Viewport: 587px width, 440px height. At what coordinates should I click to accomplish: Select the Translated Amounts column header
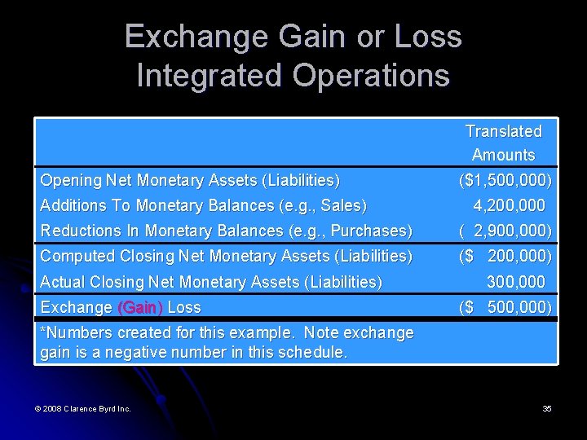503,143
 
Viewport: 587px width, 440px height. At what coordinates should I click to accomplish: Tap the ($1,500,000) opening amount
505,179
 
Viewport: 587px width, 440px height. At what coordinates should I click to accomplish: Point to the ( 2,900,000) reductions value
505,231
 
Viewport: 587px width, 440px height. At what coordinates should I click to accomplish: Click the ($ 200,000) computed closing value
505,256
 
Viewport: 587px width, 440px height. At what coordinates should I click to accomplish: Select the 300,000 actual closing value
515,282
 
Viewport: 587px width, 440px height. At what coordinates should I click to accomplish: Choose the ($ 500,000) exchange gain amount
505,307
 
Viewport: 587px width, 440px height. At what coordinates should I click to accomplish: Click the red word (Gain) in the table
140,308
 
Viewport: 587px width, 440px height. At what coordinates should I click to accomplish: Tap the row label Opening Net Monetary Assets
189,180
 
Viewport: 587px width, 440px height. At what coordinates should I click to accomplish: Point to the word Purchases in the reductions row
372,231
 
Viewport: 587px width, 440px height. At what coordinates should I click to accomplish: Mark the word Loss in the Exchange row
183,308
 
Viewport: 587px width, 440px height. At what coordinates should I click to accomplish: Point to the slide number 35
547,408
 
